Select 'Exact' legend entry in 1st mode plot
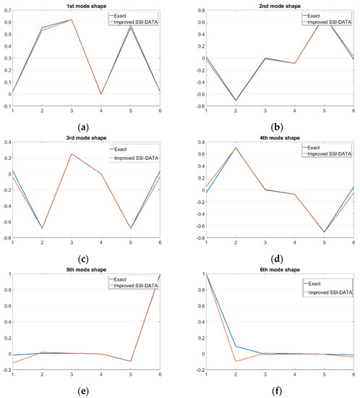pyautogui.click(x=139, y=14)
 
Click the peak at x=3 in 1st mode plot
pyautogui.click(x=72, y=20)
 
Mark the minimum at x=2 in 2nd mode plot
pyautogui.click(x=236, y=101)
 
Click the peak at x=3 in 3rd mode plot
pyautogui.click(x=72, y=153)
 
